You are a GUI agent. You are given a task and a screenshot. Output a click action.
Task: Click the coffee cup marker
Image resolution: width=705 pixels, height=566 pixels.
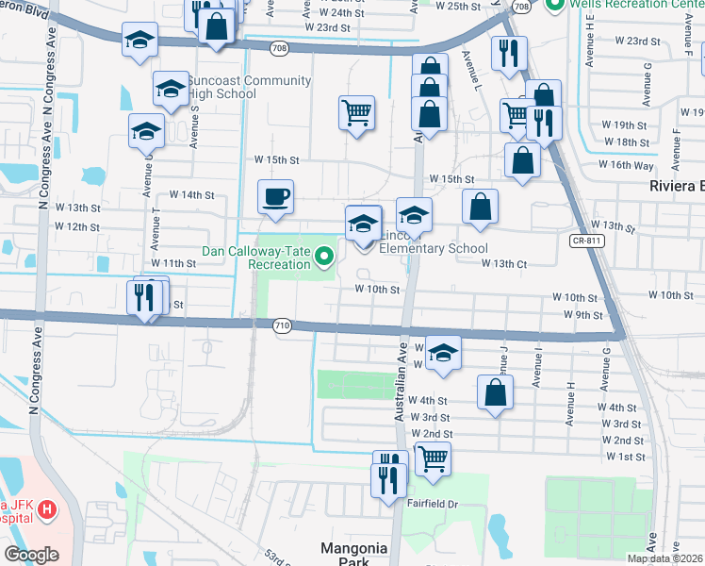pos(275,197)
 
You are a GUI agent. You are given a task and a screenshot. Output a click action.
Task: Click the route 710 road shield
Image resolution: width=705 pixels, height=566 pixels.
pos(282,325)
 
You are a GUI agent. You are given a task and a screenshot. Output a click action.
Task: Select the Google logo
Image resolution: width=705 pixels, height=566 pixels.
pos(32,555)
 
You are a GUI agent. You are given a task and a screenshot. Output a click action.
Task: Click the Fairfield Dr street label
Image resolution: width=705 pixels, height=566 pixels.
pos(432,504)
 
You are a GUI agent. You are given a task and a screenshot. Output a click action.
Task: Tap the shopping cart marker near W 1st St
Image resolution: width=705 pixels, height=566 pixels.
pos(433,458)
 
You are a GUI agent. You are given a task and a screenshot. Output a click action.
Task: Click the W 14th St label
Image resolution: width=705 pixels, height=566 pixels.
pos(192,195)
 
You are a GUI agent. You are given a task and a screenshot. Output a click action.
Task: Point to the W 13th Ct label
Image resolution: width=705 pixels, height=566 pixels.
pos(503,264)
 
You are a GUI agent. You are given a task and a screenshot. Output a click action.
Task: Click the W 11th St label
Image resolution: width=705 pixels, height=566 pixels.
pos(172,263)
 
